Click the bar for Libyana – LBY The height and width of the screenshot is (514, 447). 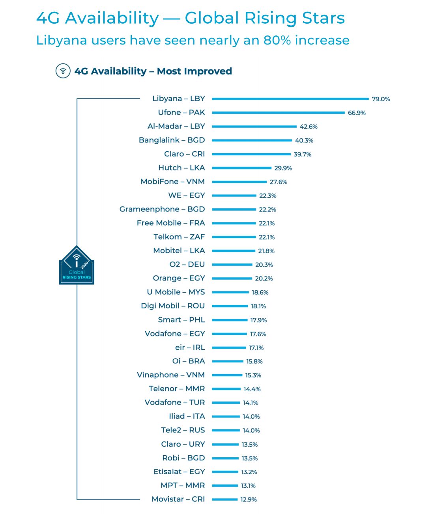(290, 99)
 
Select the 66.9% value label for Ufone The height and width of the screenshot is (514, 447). (357, 113)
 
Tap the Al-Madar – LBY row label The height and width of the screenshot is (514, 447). (176, 126)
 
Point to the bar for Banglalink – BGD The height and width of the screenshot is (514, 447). (252, 140)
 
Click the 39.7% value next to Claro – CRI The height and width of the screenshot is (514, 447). (302, 154)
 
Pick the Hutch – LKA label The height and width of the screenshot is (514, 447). (181, 168)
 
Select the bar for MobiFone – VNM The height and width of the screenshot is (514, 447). (239, 182)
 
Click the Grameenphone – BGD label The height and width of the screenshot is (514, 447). (162, 209)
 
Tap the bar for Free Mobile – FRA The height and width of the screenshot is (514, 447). (234, 223)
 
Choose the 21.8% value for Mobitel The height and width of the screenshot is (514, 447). (266, 251)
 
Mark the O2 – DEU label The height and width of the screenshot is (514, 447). (187, 264)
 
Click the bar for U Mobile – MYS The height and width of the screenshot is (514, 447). (230, 292)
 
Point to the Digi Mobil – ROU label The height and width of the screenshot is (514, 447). (173, 306)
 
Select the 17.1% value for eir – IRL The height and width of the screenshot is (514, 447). (256, 348)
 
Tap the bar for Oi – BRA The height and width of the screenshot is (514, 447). (227, 361)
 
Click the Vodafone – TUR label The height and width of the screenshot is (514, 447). (175, 402)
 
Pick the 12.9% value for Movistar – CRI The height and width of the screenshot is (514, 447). (249, 499)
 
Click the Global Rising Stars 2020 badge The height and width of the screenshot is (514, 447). (77, 266)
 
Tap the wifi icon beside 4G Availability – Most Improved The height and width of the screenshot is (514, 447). (63, 71)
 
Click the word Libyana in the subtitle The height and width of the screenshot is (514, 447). (61, 41)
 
